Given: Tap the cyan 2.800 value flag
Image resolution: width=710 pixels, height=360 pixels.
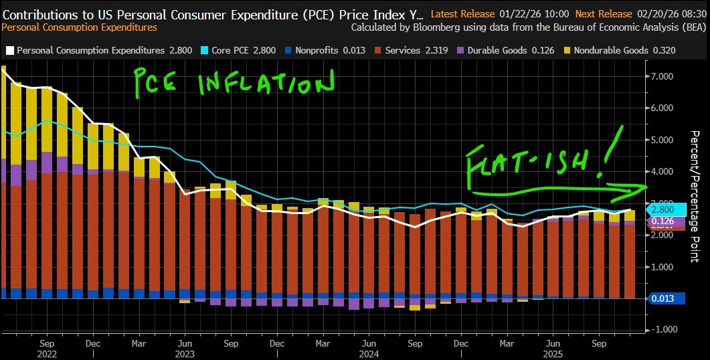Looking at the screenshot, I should [x=667, y=209].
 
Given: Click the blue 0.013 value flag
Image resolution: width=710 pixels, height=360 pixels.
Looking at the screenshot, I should [x=667, y=299].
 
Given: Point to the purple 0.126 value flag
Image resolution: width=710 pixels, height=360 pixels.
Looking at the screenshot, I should [x=667, y=221].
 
